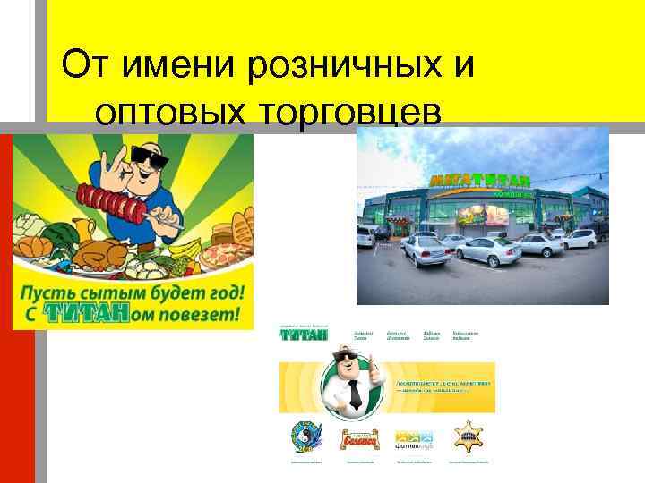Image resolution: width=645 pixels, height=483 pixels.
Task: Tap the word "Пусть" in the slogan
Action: [x=53, y=293]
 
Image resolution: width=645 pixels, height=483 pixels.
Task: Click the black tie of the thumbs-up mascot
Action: [x=354, y=394]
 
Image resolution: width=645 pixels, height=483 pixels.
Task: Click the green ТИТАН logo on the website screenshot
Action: [x=303, y=335]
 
